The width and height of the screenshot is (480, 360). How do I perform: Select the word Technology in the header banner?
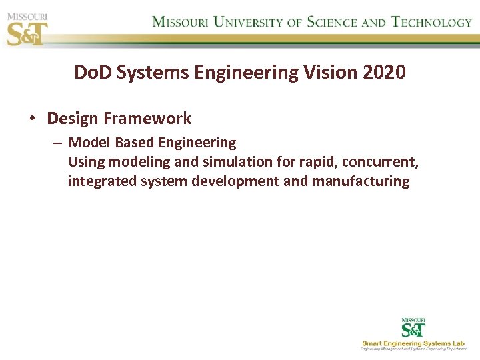click(x=431, y=22)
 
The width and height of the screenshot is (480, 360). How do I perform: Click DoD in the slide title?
click(x=93, y=73)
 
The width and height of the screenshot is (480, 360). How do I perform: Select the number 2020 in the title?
click(x=385, y=73)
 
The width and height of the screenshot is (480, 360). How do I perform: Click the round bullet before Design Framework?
click(x=32, y=119)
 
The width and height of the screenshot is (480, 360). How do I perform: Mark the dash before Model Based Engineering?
click(x=57, y=143)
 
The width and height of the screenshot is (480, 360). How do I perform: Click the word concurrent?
click(x=381, y=162)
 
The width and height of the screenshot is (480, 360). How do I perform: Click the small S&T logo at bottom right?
click(x=413, y=328)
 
